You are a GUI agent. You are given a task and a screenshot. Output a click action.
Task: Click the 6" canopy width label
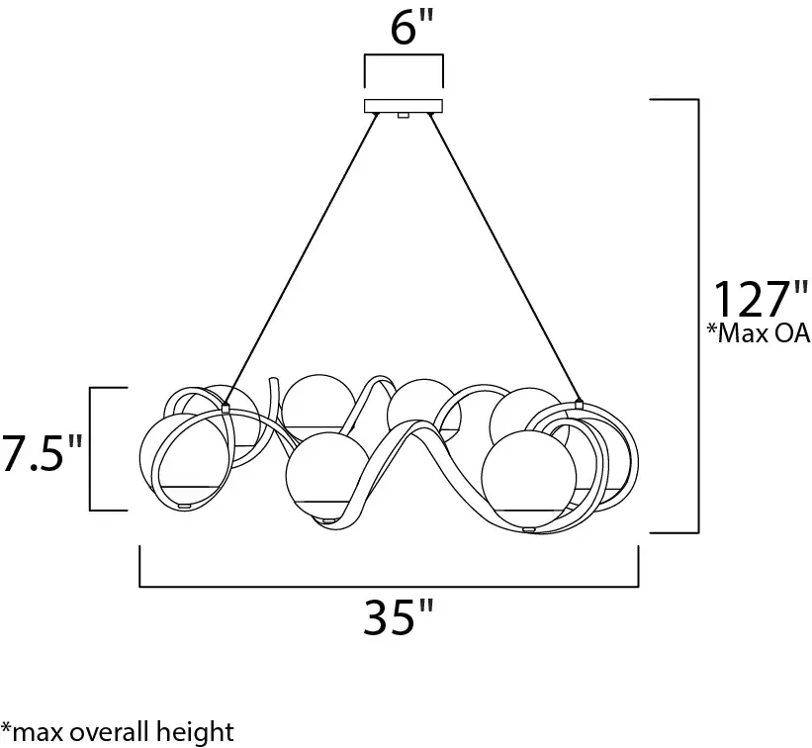coord(404,29)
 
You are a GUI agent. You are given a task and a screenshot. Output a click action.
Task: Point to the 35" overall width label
coord(399,620)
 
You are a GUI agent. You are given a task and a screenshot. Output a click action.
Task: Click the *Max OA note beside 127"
coord(759,334)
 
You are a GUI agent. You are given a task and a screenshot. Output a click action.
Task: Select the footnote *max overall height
coord(118,732)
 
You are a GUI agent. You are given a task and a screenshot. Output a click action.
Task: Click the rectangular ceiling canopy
coord(403,105)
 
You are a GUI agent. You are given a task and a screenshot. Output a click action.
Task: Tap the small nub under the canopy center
coord(403,116)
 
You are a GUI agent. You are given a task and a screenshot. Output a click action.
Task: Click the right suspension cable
coord(504,258)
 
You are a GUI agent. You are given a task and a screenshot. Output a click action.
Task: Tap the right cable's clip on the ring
coord(579,404)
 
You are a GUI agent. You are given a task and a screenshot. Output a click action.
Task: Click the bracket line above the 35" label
coord(388,587)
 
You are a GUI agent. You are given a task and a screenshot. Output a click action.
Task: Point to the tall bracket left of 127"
coord(698,317)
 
